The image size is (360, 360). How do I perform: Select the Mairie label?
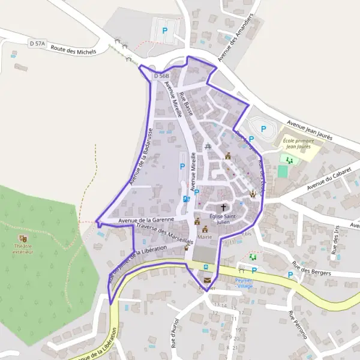[205, 237]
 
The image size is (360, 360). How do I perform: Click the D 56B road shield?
[161, 76]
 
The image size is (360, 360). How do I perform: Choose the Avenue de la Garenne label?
[146, 220]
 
